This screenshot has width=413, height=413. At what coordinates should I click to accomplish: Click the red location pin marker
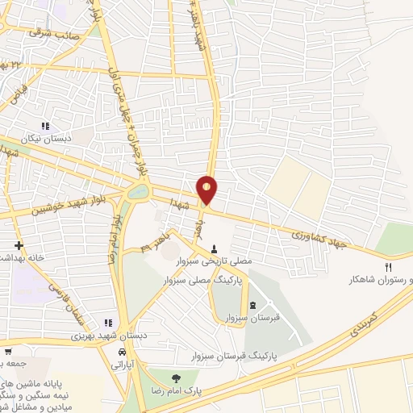coord(207,188)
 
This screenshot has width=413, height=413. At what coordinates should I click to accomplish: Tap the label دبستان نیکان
coord(46,138)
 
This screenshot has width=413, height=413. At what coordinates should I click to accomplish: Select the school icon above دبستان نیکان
coord(46,126)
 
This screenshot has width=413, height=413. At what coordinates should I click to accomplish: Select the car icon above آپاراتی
coord(122,353)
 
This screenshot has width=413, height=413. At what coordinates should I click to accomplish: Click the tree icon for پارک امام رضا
coord(173,376)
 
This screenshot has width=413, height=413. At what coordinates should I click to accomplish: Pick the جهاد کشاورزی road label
coord(319,238)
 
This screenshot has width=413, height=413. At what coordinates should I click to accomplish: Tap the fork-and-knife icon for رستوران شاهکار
coord(388,267)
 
